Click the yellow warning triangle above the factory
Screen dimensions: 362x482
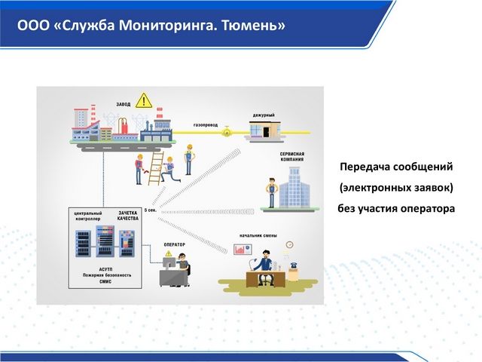(x=145, y=100)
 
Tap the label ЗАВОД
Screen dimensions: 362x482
(x=124, y=105)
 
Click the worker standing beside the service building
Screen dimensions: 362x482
(x=268, y=193)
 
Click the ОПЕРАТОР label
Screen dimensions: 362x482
(x=174, y=244)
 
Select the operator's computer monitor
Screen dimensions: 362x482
(x=168, y=264)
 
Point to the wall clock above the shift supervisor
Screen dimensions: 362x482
(x=289, y=244)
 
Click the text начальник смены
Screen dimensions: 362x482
(x=258, y=236)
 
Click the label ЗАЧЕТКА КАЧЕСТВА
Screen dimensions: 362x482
(x=128, y=216)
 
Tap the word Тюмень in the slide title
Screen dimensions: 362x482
(x=257, y=26)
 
